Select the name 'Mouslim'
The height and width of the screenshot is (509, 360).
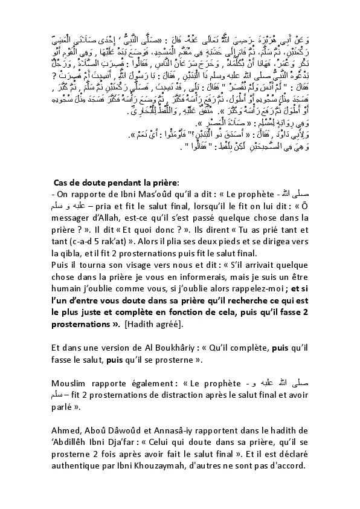click(x=71, y=383)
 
